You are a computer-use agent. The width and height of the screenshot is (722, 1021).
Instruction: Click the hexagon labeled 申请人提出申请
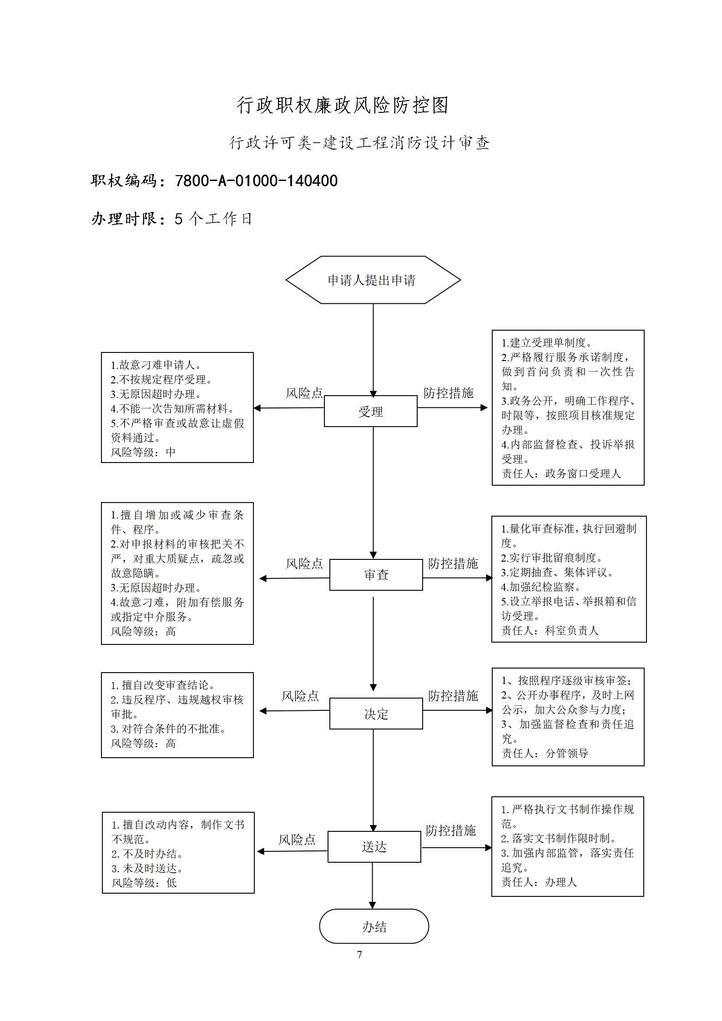[x=373, y=280]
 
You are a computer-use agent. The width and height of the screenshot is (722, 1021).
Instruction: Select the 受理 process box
[x=370, y=411]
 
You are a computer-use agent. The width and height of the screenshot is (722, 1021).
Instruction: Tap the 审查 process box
[x=376, y=574]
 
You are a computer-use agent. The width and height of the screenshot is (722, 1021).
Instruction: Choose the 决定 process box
[x=376, y=714]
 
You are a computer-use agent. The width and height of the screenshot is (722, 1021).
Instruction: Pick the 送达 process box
[x=374, y=846]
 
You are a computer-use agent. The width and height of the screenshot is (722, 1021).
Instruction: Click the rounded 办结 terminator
[x=374, y=926]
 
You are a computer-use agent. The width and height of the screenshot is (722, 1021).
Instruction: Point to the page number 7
[x=359, y=955]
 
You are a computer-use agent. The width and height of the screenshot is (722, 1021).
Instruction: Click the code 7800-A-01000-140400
[x=256, y=181]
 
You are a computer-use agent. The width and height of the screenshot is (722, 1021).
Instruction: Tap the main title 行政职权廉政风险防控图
[x=343, y=105]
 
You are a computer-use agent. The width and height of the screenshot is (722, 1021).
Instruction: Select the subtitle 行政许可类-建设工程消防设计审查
[x=359, y=143]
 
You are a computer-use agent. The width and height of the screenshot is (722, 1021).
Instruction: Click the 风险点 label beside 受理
[x=304, y=393]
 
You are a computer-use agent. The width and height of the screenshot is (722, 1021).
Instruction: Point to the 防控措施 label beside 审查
[x=453, y=563]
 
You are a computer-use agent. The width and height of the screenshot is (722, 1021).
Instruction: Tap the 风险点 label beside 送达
[x=297, y=840]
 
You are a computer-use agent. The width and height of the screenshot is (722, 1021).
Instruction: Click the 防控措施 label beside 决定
[x=453, y=696]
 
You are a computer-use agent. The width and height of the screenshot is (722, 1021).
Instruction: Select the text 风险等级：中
[x=143, y=452]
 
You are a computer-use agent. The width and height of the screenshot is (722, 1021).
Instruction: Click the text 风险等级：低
[x=144, y=883]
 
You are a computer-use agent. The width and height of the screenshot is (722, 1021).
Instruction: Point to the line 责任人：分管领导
[x=545, y=753]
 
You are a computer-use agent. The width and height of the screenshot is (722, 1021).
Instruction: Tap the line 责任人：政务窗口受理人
[x=561, y=473]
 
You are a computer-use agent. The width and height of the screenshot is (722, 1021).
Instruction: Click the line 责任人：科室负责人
[x=550, y=630]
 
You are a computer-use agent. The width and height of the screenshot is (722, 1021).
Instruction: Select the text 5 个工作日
[x=213, y=219]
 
